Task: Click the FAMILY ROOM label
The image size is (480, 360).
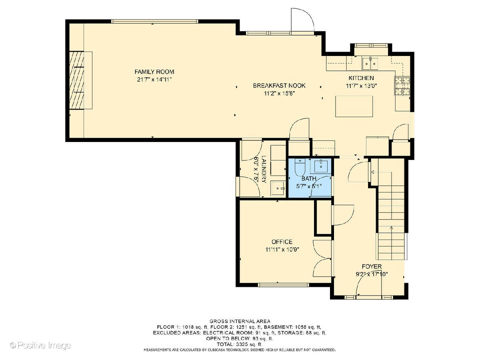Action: coord(154,72)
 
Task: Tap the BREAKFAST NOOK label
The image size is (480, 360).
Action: coord(279,86)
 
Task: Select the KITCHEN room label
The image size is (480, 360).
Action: coord(361,78)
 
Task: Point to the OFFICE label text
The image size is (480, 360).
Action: coord(282,242)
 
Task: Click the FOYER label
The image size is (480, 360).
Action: coord(372,266)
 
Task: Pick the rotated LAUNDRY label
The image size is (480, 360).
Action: coord(264,169)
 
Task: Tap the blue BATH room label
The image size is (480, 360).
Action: coord(309,178)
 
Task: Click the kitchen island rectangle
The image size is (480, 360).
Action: coord(354,106)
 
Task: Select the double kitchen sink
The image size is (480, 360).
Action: coord(370,64)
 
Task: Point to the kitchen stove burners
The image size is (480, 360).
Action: coord(402,86)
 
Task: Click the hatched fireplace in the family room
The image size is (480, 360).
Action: coord(77,80)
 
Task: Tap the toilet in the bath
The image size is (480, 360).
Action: coord(299,167)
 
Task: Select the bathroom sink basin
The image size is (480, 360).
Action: coord(321,166)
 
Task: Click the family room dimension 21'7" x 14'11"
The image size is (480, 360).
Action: coord(154,80)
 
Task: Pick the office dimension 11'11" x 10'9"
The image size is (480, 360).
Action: coord(282,250)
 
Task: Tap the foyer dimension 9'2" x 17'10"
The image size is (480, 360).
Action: coord(372,274)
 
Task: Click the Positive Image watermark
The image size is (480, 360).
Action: coord(40,345)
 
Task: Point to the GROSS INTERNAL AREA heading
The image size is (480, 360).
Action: coord(240,321)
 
